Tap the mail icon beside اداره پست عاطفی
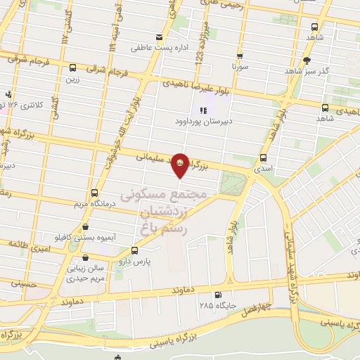[x=159, y=37]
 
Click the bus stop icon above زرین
[x=73, y=68]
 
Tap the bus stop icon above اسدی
[x=263, y=157]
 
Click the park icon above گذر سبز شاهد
[x=307, y=60]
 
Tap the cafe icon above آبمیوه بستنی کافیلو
[x=86, y=227]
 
